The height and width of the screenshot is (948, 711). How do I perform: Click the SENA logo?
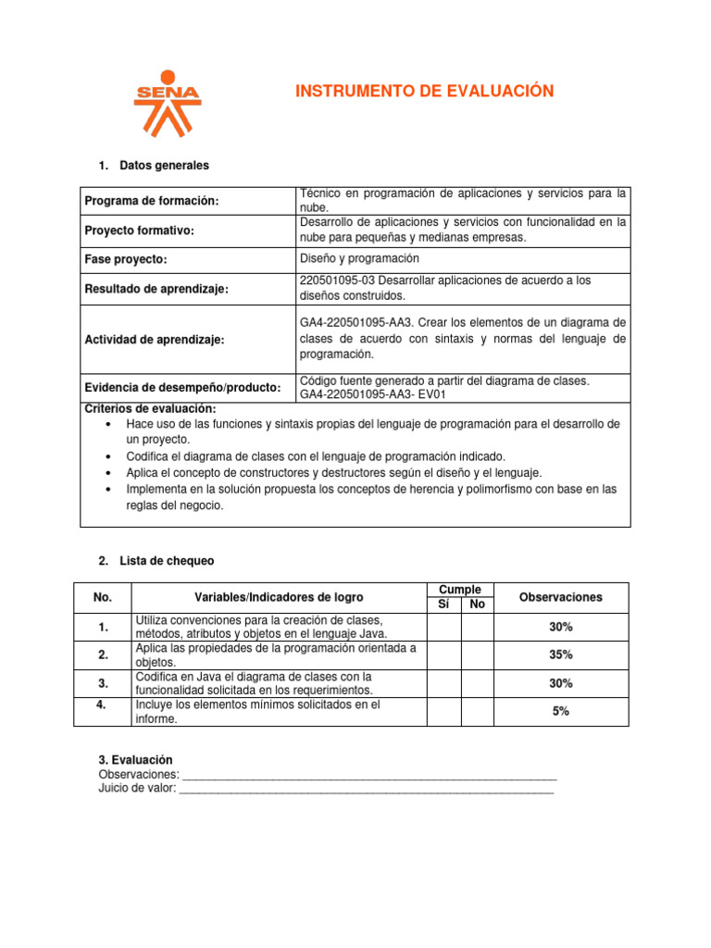pyautogui.click(x=167, y=103)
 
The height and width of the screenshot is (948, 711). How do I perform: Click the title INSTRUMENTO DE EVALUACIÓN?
pyautogui.click(x=424, y=91)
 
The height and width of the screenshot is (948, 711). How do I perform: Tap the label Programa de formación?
pyautogui.click(x=152, y=201)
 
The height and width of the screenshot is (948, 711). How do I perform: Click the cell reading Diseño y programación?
pyautogui.click(x=360, y=258)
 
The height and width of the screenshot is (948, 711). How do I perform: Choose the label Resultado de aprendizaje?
pyautogui.click(x=156, y=289)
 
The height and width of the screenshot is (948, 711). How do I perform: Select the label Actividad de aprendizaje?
pyautogui.click(x=155, y=340)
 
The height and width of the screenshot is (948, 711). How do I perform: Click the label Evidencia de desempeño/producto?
pyautogui.click(x=182, y=388)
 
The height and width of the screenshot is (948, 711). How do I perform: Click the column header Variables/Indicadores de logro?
pyautogui.click(x=279, y=597)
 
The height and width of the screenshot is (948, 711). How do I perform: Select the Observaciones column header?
pyautogui.click(x=560, y=597)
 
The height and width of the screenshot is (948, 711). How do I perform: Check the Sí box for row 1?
pyautogui.click(x=443, y=627)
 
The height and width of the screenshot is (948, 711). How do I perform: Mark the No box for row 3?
pyautogui.click(x=477, y=683)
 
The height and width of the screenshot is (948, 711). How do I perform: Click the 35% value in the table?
pyautogui.click(x=560, y=655)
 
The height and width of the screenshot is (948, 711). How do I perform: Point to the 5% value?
pyautogui.click(x=560, y=712)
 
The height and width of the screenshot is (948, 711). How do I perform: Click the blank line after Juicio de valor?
pyautogui.click(x=366, y=789)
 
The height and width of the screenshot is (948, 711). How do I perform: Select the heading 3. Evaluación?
pyautogui.click(x=135, y=760)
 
